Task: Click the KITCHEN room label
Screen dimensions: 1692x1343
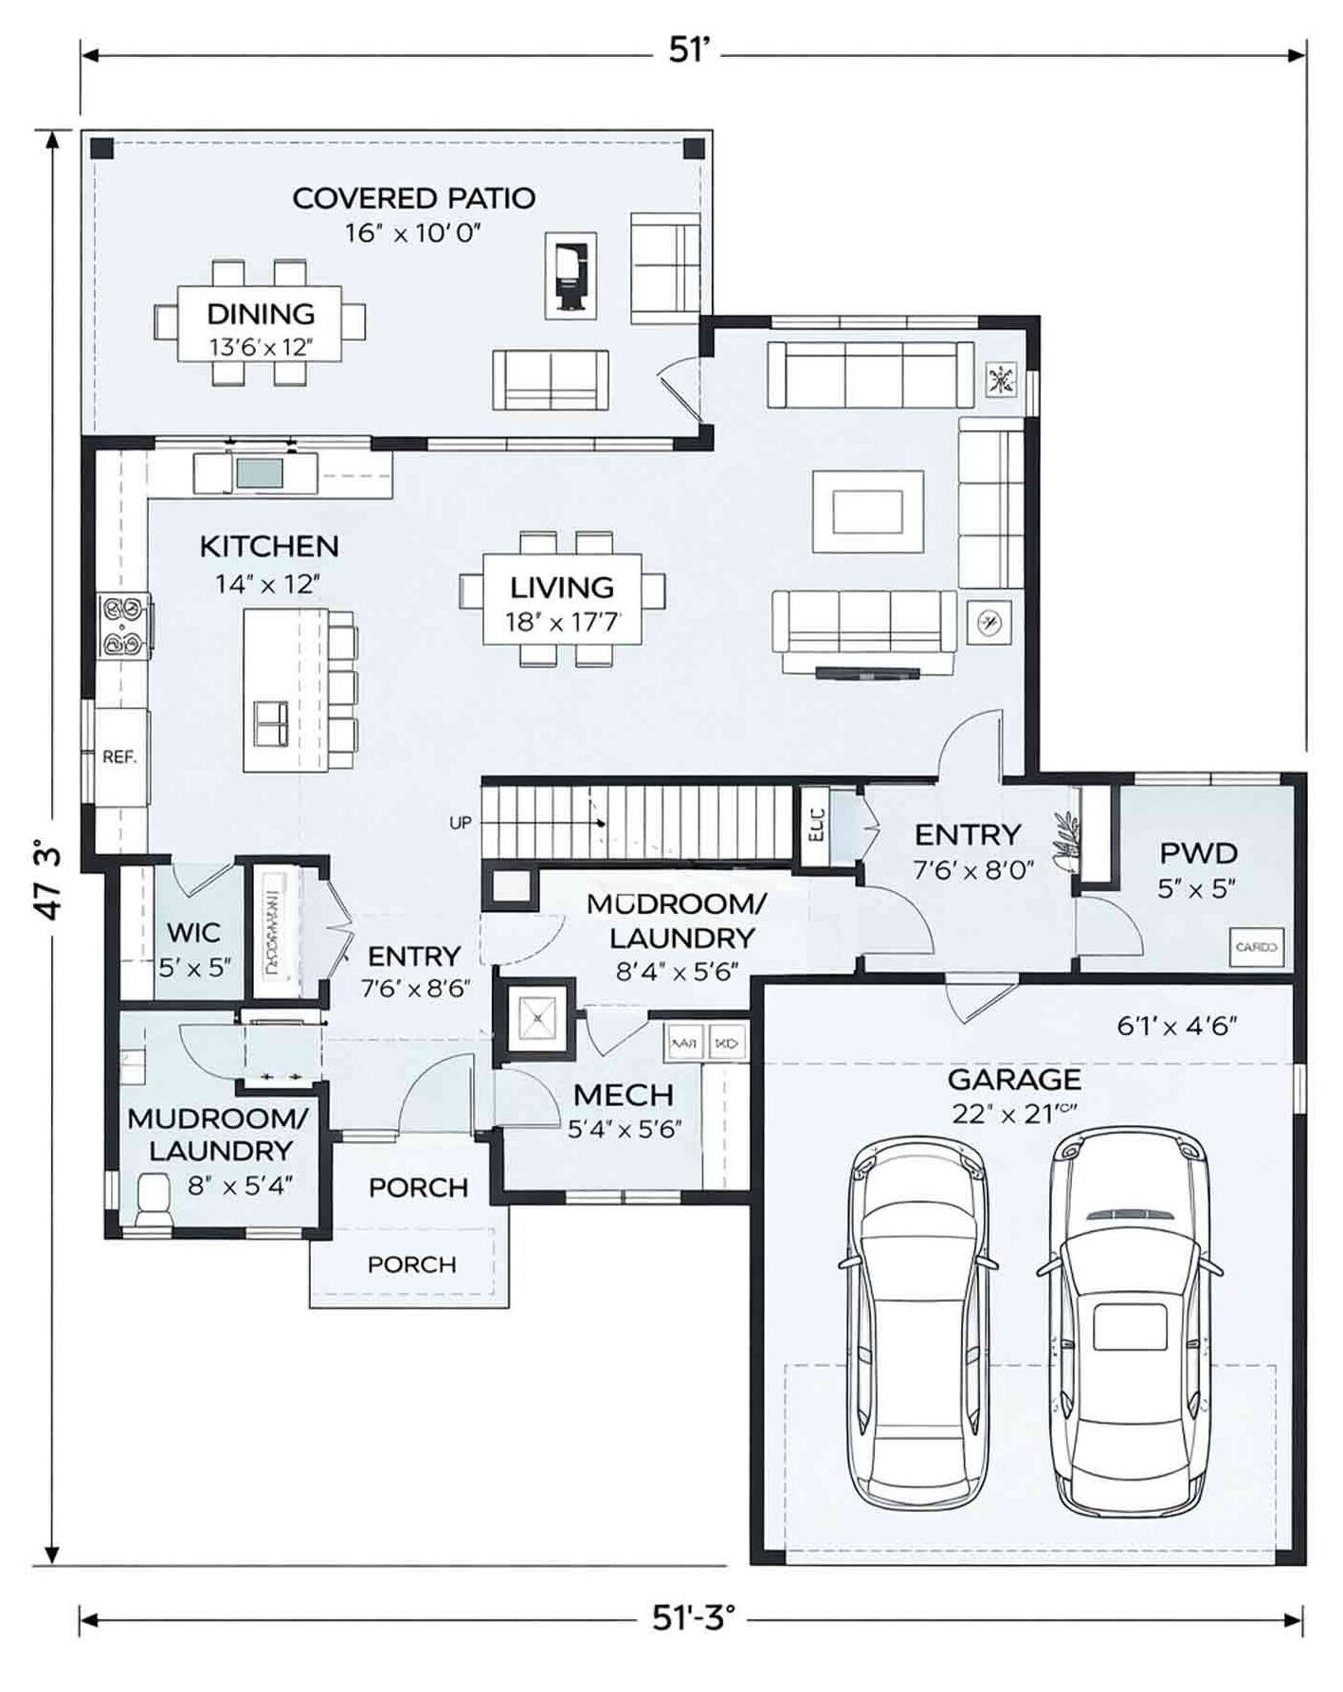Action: coord(268,547)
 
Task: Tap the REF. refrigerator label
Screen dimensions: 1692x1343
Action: coord(119,757)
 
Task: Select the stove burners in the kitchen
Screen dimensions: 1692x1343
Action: coord(126,626)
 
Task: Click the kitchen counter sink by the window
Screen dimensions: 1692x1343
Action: coord(259,472)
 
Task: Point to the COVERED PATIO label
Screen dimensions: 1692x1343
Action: coord(413,198)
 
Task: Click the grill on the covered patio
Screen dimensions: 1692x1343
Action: coord(571,275)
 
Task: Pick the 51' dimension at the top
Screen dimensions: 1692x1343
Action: coord(689,50)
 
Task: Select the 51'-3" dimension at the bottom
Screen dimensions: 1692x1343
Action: coord(693,1618)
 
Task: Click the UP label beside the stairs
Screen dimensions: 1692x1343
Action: coord(461,823)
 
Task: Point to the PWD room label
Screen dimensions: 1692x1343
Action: coord(1198,853)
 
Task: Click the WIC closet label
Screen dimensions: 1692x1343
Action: coord(194,933)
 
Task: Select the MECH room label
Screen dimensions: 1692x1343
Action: coord(623,1096)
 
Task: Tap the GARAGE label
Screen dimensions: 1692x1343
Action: coord(1014,1080)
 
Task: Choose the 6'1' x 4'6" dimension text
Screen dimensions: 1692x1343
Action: coord(1176,1026)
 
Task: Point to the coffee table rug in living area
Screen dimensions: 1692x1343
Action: coord(867,512)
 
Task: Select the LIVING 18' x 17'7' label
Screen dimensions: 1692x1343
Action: coord(562,603)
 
